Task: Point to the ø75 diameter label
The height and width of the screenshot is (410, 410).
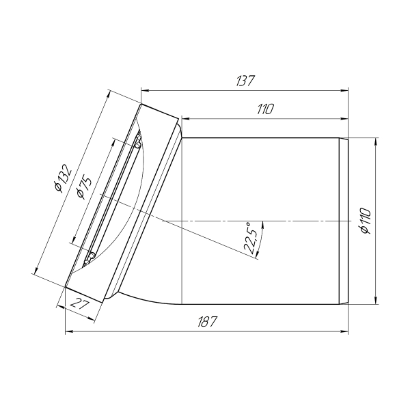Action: [84, 186]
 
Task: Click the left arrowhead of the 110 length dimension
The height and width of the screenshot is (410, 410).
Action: [184, 115]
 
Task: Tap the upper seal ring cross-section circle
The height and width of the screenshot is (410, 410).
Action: [138, 142]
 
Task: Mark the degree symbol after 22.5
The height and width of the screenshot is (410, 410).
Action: [249, 223]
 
